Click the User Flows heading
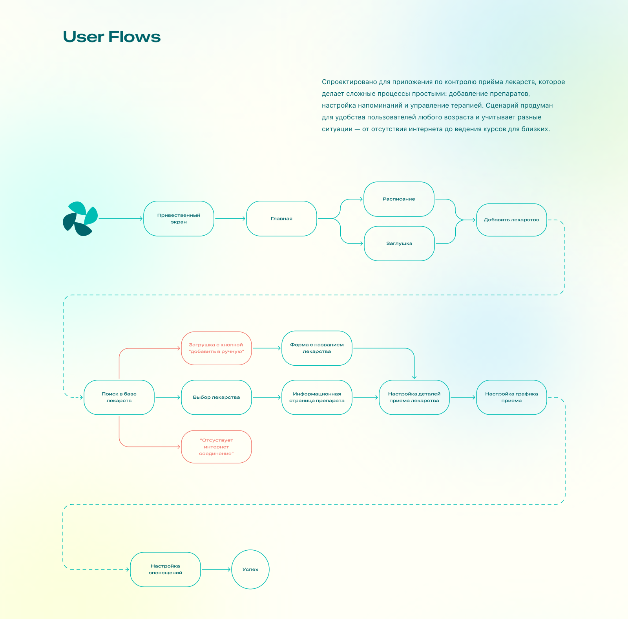pyautogui.click(x=112, y=37)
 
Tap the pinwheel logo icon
pyautogui.click(x=80, y=219)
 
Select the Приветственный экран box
pyautogui.click(x=179, y=219)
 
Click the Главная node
pyautogui.click(x=281, y=219)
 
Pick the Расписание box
pyautogui.click(x=399, y=199)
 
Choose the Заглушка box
pyautogui.click(x=399, y=244)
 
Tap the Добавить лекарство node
pyautogui.click(x=511, y=220)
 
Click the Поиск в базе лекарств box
pyautogui.click(x=119, y=397)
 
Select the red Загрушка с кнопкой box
pyautogui.click(x=216, y=348)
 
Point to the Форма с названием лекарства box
pyautogui.click(x=317, y=348)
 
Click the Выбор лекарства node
pyautogui.click(x=216, y=397)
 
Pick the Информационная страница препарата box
pyautogui.click(x=317, y=397)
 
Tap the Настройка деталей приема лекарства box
pyautogui.click(x=414, y=397)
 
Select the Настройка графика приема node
pyautogui.click(x=511, y=397)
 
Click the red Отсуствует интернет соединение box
pyautogui.click(x=216, y=447)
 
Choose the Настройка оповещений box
pyautogui.click(x=165, y=570)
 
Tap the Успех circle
pyautogui.click(x=250, y=570)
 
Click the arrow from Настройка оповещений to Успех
pyautogui.click(x=216, y=570)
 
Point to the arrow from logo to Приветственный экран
pyautogui.click(x=120, y=219)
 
